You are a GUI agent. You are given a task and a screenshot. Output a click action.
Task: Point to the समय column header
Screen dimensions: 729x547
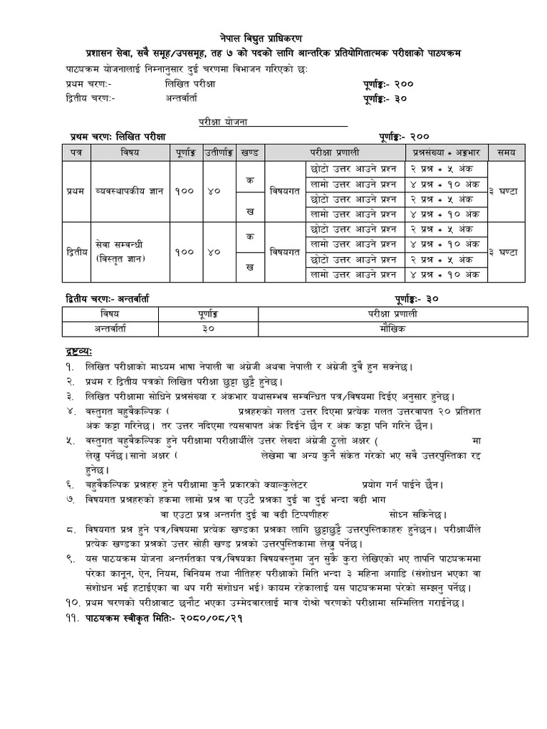pos(507,152)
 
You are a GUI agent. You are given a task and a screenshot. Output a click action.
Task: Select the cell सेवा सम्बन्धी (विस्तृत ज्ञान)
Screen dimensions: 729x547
pos(126,252)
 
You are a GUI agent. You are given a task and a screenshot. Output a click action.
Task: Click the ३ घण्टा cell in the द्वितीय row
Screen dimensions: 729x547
pos(507,252)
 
